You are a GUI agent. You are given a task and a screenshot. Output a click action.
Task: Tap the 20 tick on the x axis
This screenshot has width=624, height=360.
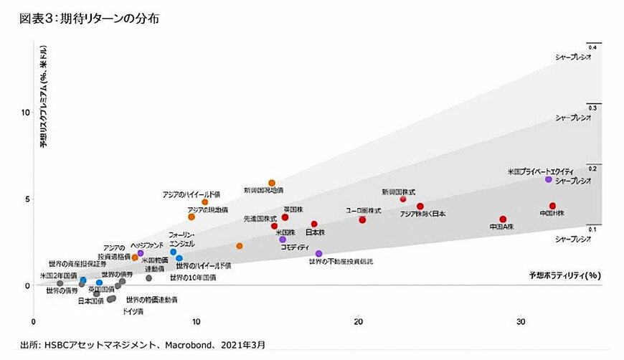click(359, 321)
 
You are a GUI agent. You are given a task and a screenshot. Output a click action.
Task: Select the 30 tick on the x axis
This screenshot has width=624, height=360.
click(521, 321)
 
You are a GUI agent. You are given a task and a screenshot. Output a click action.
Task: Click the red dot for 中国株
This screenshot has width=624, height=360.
click(553, 206)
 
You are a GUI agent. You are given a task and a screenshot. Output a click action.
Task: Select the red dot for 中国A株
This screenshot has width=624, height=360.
click(503, 219)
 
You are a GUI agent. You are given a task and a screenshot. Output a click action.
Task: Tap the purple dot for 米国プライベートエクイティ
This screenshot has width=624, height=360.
click(549, 179)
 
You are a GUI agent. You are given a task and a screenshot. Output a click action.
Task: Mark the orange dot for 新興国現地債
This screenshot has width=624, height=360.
click(272, 183)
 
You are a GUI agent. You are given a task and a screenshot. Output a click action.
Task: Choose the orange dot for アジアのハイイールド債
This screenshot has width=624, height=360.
click(205, 202)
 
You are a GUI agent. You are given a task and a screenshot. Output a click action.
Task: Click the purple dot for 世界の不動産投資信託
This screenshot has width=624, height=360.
click(319, 253)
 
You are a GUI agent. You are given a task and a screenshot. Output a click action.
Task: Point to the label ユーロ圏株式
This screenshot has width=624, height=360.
click(363, 210)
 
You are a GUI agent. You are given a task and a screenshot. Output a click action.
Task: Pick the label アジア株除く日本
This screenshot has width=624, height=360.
click(422, 214)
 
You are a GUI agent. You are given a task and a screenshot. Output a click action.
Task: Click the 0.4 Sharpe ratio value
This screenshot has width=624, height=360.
click(592, 47)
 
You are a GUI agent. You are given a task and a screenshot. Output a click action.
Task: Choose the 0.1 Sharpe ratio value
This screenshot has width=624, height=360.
click(592, 229)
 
